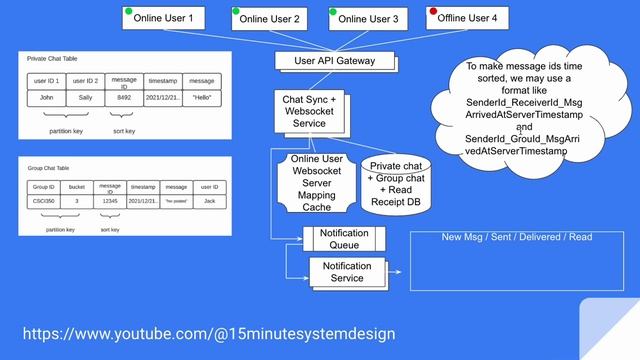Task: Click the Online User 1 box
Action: tap(164, 18)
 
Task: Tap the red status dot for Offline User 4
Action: tap(432, 12)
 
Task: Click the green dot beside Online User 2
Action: tap(237, 12)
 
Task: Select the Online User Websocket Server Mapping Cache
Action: tap(317, 182)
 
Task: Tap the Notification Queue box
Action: tap(344, 239)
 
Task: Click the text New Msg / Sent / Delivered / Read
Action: tap(518, 237)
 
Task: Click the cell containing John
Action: tap(46, 98)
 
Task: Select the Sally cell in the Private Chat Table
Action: tap(85, 98)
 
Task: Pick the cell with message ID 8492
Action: tap(124, 98)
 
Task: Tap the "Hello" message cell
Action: tap(201, 98)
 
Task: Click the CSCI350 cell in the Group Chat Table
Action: tap(44, 201)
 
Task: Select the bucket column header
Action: tap(77, 187)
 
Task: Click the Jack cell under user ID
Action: tap(209, 201)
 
